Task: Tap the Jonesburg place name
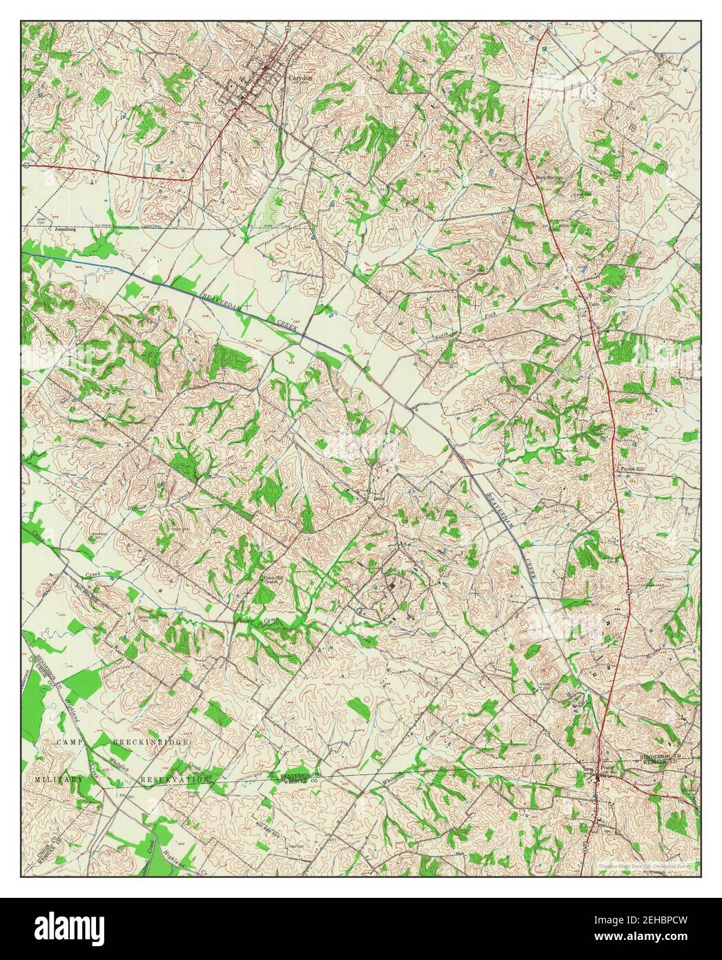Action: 69,228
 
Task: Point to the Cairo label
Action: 592,303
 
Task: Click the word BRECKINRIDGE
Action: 150,741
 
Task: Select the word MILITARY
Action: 59,779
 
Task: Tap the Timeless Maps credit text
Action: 646,865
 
